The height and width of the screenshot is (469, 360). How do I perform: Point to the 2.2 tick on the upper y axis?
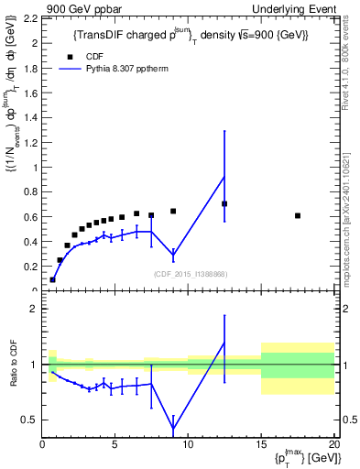pyautogui.click(x=31, y=18)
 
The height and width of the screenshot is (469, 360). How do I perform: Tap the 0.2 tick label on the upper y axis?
pyautogui.click(x=31, y=267)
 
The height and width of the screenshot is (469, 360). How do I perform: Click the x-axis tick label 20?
pyautogui.click(x=333, y=445)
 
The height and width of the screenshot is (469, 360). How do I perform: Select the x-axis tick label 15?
pyautogui.click(x=261, y=445)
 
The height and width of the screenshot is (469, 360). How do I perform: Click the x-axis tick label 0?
pyautogui.click(x=42, y=445)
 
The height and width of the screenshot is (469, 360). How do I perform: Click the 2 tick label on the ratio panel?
pyautogui.click(x=35, y=309)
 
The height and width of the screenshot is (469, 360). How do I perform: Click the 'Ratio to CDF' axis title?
pyautogui.click(x=14, y=364)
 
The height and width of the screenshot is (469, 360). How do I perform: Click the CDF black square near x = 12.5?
pyautogui.click(x=224, y=203)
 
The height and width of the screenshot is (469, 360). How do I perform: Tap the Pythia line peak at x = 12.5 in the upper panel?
pyautogui.click(x=224, y=176)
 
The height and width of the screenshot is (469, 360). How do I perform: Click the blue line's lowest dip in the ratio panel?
pyautogui.click(x=173, y=428)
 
